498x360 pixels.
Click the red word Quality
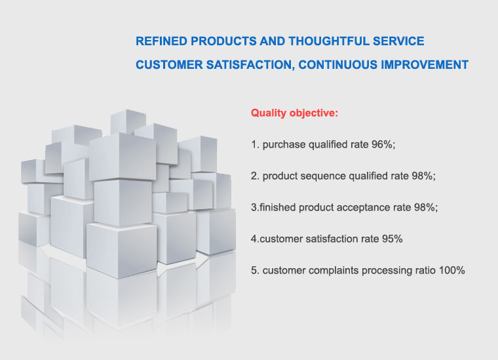pyautogui.click(x=269, y=113)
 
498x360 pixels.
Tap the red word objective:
pyautogui.click(x=314, y=113)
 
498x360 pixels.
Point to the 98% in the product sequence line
pyautogui.click(x=424, y=176)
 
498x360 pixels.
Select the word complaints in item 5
pyautogui.click(x=334, y=271)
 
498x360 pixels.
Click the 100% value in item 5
pyautogui.click(x=451, y=270)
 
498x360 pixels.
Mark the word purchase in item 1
pyautogui.click(x=284, y=145)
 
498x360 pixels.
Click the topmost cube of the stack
pyautogui.click(x=128, y=122)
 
